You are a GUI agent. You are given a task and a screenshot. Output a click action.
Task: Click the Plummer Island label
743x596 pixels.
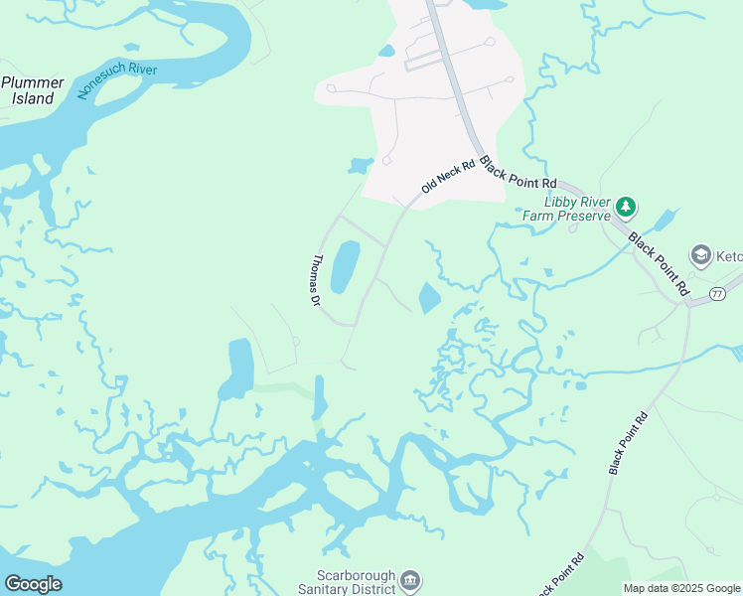(32, 90)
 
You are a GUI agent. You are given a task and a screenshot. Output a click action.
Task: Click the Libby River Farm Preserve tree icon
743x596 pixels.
(625, 207)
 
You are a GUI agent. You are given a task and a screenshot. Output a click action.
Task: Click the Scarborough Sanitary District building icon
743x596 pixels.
(410, 579)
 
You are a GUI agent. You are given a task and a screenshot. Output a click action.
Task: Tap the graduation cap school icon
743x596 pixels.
(700, 255)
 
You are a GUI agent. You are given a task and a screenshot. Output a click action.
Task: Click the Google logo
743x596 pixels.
(33, 584)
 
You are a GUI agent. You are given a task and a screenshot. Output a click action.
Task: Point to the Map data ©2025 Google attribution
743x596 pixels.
(681, 589)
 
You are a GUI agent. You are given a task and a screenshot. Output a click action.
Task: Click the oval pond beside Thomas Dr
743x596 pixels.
(344, 266)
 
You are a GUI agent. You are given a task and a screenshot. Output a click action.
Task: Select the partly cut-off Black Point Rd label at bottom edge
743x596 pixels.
(560, 576)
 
